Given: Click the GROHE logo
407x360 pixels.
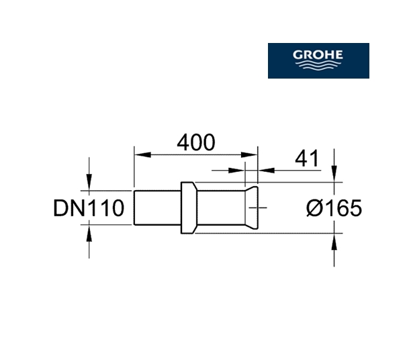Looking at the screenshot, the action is [318, 60].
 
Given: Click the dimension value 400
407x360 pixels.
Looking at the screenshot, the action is [196, 142].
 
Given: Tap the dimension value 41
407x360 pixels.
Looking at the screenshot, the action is [306, 159].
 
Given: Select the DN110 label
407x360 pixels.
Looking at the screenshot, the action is [89, 208].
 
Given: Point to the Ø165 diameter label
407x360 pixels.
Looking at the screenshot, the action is [334, 208].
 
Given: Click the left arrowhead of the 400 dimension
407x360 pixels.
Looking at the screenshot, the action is [142, 154].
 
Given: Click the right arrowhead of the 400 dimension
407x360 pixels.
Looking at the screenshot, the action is [249, 154].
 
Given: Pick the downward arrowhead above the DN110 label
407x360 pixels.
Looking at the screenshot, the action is [89, 182].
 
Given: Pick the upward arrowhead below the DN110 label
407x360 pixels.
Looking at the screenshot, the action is [89, 233].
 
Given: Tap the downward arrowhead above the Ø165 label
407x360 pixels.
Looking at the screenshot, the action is [334, 174].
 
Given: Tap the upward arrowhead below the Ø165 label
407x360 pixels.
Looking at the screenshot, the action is [334, 242].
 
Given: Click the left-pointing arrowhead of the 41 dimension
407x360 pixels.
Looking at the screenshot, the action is [267, 171].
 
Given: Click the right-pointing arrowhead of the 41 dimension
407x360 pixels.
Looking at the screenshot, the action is [236, 171].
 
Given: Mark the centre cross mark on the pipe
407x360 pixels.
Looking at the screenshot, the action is [258, 208].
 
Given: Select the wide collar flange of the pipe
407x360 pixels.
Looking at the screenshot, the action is [189, 208].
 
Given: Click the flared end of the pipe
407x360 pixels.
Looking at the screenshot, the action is [251, 208].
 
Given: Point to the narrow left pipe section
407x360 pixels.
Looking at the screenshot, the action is [158, 208].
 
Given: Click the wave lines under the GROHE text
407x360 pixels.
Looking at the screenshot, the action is [318, 65].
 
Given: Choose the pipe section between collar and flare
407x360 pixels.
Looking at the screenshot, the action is [221, 208].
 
